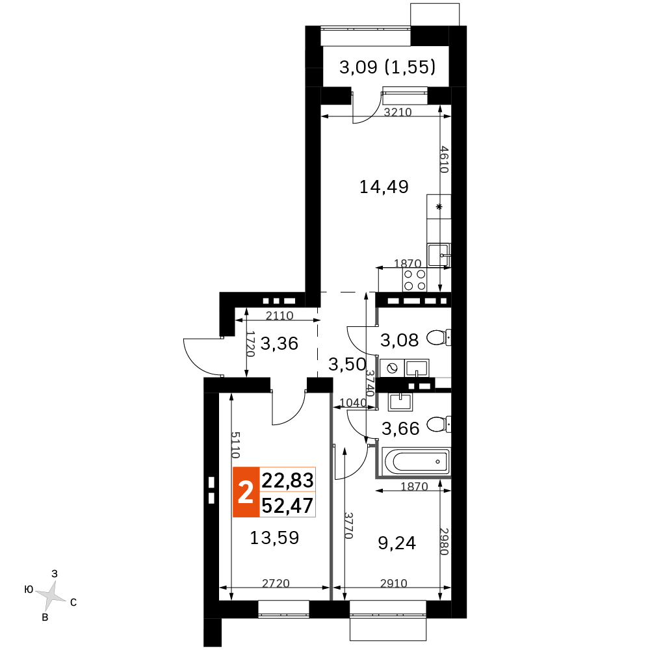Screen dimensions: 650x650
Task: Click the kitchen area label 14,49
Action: tap(384, 187)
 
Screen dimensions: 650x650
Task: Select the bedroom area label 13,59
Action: tap(274, 538)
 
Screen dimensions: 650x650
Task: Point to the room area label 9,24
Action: tap(396, 543)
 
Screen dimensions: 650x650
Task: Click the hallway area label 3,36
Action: tap(279, 344)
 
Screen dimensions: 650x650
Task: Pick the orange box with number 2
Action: tap(246, 492)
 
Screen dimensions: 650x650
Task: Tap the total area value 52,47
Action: tap(288, 505)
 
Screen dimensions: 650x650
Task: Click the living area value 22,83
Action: tap(288, 480)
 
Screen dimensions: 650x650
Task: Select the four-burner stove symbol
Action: tap(415, 279)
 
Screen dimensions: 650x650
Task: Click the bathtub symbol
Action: tap(417, 461)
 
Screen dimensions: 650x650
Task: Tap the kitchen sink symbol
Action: tap(439, 255)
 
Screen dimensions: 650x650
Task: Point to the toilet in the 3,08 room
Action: tap(439, 337)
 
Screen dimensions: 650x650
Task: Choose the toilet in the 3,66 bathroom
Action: tap(439, 424)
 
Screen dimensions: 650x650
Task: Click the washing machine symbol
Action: tap(392, 368)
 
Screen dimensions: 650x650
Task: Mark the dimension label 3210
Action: tap(398, 112)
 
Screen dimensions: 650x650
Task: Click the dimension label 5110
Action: tap(235, 445)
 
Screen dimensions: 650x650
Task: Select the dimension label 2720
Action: tap(276, 583)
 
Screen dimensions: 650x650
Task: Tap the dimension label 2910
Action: tap(394, 583)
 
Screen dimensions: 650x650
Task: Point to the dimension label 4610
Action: tap(444, 159)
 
